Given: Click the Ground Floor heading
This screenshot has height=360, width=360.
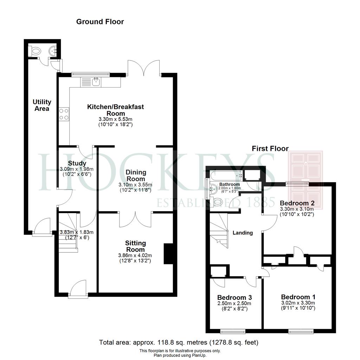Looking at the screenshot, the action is (x=100, y=22).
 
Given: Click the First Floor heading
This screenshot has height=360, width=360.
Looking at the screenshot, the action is (x=270, y=149).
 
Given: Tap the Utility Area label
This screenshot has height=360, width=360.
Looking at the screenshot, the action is (x=42, y=105).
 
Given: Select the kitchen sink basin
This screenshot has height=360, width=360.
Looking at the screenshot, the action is (x=96, y=82).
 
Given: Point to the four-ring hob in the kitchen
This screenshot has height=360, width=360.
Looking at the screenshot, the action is (x=64, y=114).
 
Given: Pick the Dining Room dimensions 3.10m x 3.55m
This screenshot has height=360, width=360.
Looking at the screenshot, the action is (x=135, y=185).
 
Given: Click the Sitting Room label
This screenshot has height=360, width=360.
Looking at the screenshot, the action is (x=135, y=246).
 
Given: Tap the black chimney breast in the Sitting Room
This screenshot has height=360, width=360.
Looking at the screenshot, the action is (x=168, y=253).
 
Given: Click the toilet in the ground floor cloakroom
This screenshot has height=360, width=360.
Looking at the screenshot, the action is (x=34, y=51).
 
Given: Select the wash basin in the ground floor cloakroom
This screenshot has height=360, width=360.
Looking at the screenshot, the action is (x=53, y=51).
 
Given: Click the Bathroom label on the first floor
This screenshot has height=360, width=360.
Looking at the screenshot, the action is (x=230, y=184).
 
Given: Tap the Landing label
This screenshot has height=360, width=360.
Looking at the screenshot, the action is (x=243, y=233).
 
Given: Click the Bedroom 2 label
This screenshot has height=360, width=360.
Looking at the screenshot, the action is (x=297, y=203).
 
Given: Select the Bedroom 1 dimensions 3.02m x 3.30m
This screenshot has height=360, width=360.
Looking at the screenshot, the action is (x=298, y=303).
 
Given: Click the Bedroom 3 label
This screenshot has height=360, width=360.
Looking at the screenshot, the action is (x=234, y=297).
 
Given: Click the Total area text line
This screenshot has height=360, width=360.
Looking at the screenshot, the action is (x=179, y=342).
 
